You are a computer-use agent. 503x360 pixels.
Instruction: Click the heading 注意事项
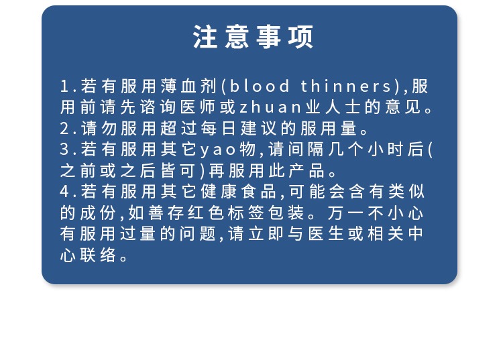[253, 37]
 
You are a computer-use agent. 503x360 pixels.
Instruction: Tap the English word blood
[260, 86]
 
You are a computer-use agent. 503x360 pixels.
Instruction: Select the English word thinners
[346, 86]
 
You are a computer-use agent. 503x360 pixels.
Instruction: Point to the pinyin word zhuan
[270, 107]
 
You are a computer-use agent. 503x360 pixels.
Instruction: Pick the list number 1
[64, 86]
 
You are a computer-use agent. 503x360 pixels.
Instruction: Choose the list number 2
[64, 129]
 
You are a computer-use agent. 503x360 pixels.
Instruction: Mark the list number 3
[64, 149]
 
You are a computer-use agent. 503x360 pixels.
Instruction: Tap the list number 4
[64, 192]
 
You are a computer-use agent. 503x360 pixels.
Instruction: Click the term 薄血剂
[189, 86]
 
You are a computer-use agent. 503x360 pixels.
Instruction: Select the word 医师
[198, 107]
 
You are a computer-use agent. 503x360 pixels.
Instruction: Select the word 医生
[326, 234]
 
